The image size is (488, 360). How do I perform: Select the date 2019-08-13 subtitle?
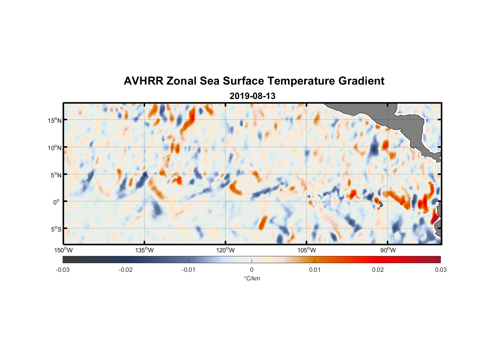click(x=252, y=96)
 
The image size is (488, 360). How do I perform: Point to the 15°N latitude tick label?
click(x=55, y=120)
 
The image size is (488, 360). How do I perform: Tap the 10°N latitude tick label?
click(x=55, y=148)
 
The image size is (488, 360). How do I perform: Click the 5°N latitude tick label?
click(x=56, y=175)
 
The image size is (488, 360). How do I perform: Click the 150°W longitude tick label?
click(x=64, y=250)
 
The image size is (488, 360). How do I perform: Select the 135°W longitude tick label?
click(x=145, y=250)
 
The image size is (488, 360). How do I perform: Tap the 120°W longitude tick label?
click(x=226, y=250)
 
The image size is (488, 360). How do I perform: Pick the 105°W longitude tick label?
click(x=307, y=250)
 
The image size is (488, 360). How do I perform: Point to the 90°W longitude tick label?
click(x=388, y=250)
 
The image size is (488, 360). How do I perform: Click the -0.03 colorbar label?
click(x=63, y=270)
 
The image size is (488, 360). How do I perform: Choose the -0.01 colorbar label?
click(x=189, y=270)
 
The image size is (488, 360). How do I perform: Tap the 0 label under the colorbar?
click(x=252, y=270)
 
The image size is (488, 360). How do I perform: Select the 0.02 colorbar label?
click(x=378, y=270)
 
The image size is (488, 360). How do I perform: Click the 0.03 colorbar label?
click(x=440, y=270)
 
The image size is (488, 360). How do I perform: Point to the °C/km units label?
click(x=252, y=278)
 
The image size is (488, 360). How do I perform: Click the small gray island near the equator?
click(x=380, y=204)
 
